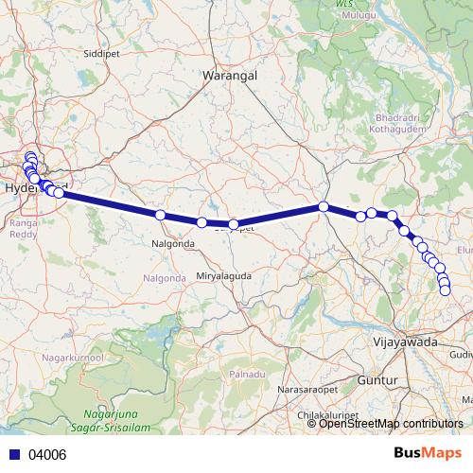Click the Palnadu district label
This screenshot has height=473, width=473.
(247, 375)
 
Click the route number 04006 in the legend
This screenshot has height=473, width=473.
(48, 455)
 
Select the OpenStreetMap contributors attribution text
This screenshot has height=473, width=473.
(391, 423)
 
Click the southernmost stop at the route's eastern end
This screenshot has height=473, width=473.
(446, 290)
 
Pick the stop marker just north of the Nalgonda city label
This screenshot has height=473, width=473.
(160, 216)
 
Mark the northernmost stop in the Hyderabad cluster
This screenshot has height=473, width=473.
(29, 156)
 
